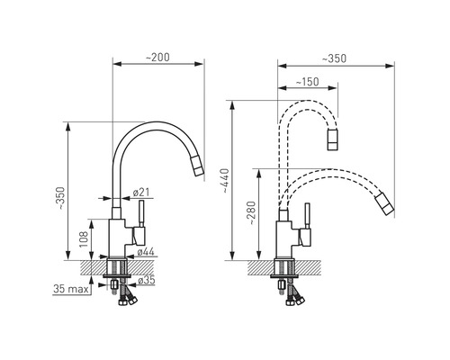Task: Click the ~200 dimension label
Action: [157, 58]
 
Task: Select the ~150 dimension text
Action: [307, 82]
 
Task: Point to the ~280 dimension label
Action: [251, 213]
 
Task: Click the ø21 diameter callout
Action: [141, 192]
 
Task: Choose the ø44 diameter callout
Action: [146, 252]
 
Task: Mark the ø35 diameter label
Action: [146, 280]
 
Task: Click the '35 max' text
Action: [71, 289]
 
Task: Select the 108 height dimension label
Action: [84, 239]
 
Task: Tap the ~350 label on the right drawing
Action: [334, 58]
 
